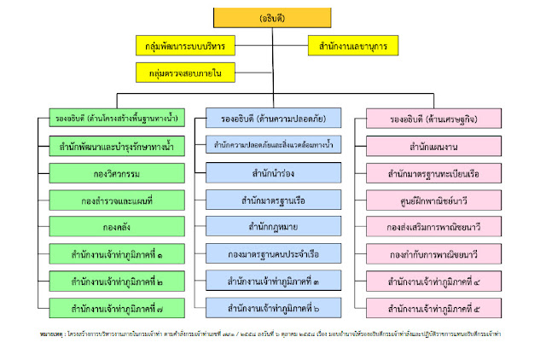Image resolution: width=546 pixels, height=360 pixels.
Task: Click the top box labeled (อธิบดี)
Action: (272, 17)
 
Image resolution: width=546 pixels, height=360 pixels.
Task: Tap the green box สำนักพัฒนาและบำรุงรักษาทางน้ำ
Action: (117, 146)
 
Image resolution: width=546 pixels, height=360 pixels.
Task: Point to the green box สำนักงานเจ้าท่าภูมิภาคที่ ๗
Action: (117, 307)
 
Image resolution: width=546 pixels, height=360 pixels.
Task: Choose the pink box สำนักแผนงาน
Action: (432, 146)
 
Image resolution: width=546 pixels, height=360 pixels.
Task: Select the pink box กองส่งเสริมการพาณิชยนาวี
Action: (432, 227)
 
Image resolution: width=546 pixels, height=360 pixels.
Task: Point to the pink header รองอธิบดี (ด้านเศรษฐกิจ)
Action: (432, 119)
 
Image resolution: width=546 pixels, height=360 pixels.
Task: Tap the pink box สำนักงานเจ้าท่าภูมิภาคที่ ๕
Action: (432, 307)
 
